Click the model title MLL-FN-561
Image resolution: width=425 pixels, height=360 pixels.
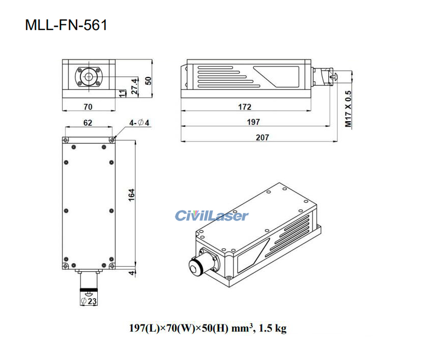(x=66, y=25)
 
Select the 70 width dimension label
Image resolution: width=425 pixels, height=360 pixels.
(x=88, y=107)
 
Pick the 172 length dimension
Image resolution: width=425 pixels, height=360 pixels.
(x=245, y=107)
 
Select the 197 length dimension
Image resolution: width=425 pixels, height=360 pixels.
(x=253, y=122)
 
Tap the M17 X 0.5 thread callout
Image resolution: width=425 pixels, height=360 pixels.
(x=348, y=109)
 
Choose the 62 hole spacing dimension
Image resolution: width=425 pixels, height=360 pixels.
(x=88, y=122)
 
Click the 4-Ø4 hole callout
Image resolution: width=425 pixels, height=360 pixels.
(x=137, y=122)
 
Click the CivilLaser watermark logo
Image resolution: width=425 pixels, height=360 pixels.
(x=212, y=216)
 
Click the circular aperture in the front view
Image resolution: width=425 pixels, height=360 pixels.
(x=89, y=77)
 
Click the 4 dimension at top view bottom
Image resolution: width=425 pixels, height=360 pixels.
(x=131, y=273)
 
